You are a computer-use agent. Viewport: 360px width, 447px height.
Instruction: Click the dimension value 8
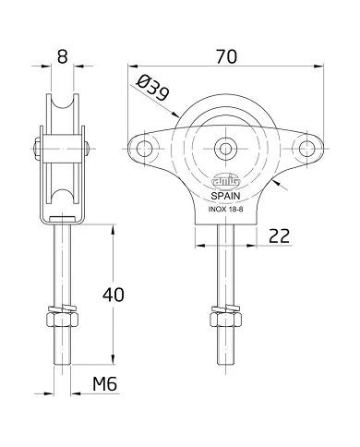click(x=62, y=55)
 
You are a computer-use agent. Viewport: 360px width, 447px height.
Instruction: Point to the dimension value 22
click(x=280, y=236)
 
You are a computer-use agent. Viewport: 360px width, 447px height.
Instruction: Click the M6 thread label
click(x=110, y=385)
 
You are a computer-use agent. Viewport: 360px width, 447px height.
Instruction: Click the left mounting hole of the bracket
click(x=144, y=148)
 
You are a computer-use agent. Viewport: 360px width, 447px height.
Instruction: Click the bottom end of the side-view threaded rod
click(x=63, y=362)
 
